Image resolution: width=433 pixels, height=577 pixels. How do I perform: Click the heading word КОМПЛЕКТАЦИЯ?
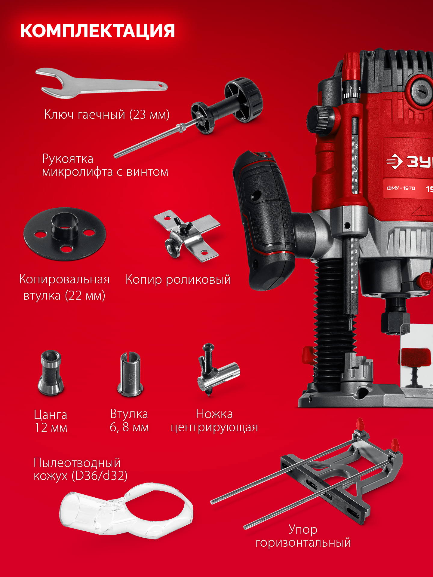tap(97, 31)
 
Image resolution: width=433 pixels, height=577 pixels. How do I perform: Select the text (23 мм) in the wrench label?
tap(149, 114)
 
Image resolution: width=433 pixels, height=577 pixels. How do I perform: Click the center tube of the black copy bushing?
tap(64, 224)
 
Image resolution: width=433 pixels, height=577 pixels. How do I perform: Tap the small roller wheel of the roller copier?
tap(172, 248)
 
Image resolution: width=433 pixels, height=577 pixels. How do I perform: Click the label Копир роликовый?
tap(178, 279)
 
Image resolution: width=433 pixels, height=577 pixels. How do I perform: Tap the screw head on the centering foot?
tap(208, 348)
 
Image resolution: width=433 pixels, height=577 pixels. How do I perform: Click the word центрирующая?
tap(214, 427)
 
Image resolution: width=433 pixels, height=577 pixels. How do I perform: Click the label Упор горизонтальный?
tap(303, 536)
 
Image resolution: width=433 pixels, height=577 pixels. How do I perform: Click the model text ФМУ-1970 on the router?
tap(401, 188)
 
